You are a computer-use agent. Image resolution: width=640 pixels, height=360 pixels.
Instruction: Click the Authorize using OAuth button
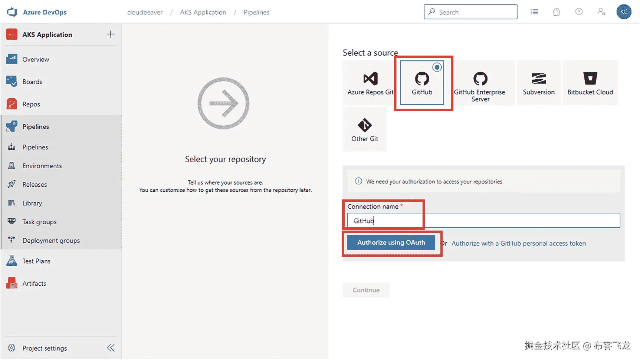tap(391, 242)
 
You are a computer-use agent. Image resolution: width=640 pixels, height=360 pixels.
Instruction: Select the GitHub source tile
tap(422, 83)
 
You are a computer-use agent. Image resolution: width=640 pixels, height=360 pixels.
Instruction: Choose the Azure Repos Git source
tap(370, 83)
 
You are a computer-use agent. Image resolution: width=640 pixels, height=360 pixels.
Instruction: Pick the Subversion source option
tap(539, 83)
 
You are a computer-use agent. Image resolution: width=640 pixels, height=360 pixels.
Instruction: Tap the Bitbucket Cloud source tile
tap(590, 83)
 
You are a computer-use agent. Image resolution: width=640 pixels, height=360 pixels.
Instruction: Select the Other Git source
tap(365, 129)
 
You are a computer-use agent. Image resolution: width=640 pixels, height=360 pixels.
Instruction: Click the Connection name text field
tap(483, 221)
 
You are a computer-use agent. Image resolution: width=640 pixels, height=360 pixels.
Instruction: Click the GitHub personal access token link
tap(518, 244)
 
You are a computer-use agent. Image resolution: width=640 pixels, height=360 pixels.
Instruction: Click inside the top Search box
tap(470, 12)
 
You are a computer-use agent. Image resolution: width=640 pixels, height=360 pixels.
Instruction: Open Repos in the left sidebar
tap(31, 104)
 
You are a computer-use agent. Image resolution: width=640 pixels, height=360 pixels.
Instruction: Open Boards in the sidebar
tap(32, 82)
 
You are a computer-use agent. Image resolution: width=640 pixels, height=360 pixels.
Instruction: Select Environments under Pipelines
tap(42, 166)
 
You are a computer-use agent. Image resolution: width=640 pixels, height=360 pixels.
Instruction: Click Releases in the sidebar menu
tap(35, 185)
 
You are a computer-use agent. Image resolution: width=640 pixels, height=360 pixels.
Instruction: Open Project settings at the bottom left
tap(45, 348)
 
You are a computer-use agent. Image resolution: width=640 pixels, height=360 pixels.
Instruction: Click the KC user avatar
tap(624, 12)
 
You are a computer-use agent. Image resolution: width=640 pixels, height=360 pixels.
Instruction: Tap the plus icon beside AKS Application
tap(111, 34)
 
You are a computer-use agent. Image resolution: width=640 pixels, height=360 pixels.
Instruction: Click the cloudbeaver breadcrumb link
tap(145, 12)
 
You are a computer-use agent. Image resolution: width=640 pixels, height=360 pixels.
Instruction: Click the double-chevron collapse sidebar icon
tap(111, 348)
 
